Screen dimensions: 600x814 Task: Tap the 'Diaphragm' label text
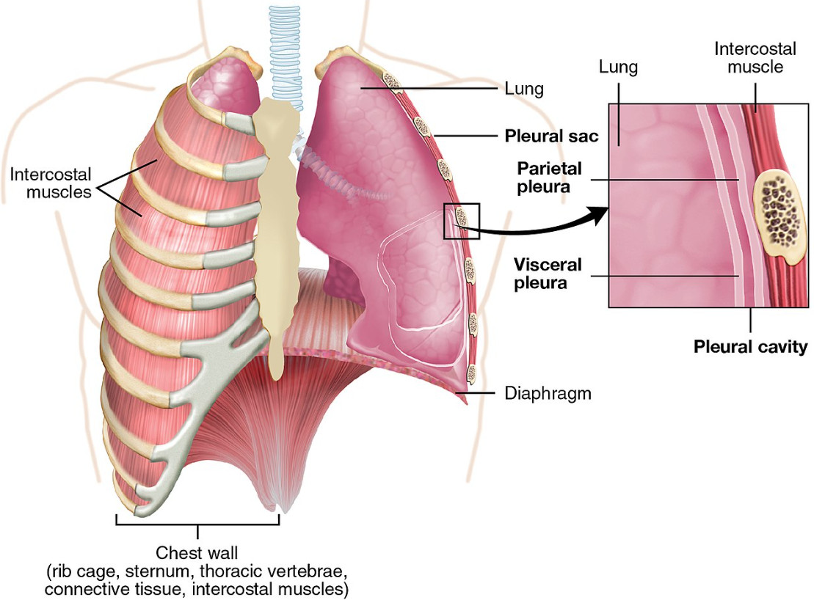(548, 394)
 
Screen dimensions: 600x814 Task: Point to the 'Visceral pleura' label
(547, 273)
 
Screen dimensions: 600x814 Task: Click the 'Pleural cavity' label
(750, 345)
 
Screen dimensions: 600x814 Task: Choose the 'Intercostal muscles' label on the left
(51, 184)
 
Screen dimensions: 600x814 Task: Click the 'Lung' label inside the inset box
(618, 68)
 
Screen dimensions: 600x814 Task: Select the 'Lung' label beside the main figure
(524, 89)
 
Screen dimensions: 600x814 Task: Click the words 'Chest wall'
(197, 552)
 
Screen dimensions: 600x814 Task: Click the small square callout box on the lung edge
(462, 220)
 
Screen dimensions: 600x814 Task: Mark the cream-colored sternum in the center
(275, 220)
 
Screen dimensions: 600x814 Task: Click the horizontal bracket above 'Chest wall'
(197, 524)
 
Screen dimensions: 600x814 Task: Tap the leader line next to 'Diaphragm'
(481, 394)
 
